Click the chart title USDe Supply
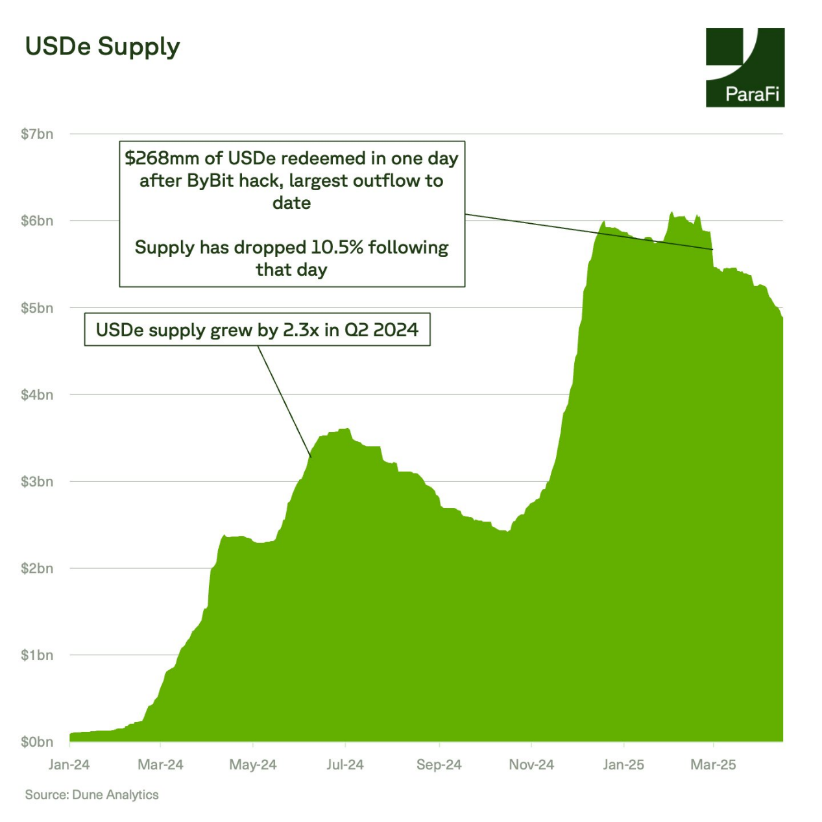(103, 47)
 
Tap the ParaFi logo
(745, 67)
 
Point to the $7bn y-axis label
(37, 134)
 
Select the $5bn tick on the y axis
(37, 308)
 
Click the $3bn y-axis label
(37, 482)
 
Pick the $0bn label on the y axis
(37, 742)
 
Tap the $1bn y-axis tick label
(37, 655)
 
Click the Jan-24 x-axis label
(69, 765)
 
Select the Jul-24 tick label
(345, 765)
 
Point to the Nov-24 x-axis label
(531, 765)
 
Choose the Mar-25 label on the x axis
(713, 765)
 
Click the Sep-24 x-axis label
(439, 765)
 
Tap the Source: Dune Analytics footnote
(91, 795)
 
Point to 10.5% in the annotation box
(337, 248)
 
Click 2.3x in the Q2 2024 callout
(301, 330)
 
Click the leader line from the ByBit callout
(584, 231)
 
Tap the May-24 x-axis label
(253, 765)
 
